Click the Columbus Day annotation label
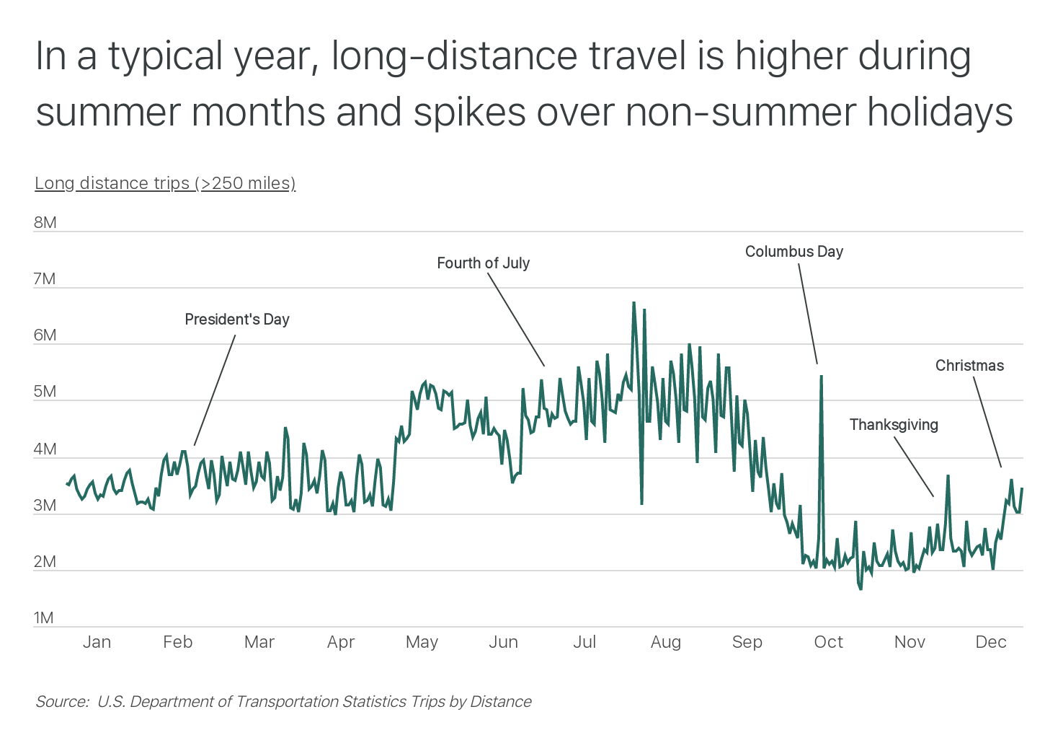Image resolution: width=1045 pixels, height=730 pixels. pyautogui.click(x=793, y=252)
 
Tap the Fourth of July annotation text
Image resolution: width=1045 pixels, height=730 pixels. pyautogui.click(x=483, y=263)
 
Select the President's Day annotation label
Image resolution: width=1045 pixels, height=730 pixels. pyautogui.click(x=236, y=320)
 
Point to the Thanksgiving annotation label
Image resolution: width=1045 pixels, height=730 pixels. pyautogui.click(x=893, y=425)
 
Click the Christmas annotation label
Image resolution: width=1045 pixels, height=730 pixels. pyautogui.click(x=969, y=366)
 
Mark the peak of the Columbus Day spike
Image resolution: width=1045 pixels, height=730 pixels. pyautogui.click(x=821, y=376)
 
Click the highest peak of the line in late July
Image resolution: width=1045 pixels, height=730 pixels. pyautogui.click(x=633, y=303)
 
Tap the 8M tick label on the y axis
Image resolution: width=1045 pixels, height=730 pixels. pyautogui.click(x=45, y=223)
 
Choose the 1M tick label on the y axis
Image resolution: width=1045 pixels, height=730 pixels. pyautogui.click(x=43, y=618)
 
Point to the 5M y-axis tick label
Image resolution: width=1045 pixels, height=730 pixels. pyautogui.click(x=45, y=392)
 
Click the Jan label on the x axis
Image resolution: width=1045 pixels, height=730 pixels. pyautogui.click(x=97, y=642)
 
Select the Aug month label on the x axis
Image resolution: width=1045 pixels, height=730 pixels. pyautogui.click(x=665, y=642)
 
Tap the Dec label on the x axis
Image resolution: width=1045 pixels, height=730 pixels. pyautogui.click(x=990, y=642)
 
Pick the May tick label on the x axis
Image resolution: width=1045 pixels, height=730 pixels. pyautogui.click(x=422, y=642)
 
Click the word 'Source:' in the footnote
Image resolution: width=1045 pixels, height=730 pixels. pyautogui.click(x=62, y=702)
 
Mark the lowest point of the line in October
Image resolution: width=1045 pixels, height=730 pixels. pyautogui.click(x=861, y=589)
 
